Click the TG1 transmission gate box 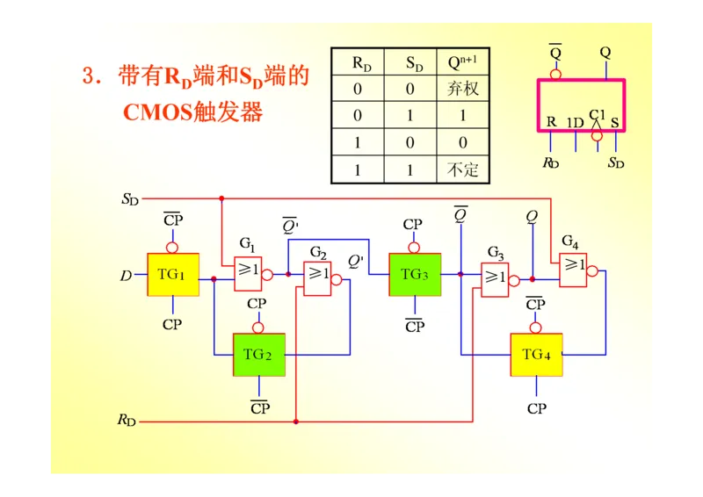click(x=172, y=274)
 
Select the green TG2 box click(x=258, y=355)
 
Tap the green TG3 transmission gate click(x=415, y=274)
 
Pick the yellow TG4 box click(x=536, y=355)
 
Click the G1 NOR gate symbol click(x=247, y=274)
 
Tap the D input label click(x=126, y=276)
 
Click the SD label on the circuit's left click(x=130, y=199)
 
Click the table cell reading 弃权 click(x=462, y=89)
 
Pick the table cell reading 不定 click(x=462, y=169)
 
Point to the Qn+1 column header click(x=462, y=62)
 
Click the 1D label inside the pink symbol click(x=575, y=123)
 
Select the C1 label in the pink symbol click(x=598, y=114)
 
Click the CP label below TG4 click(x=536, y=408)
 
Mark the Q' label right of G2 click(x=356, y=261)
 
